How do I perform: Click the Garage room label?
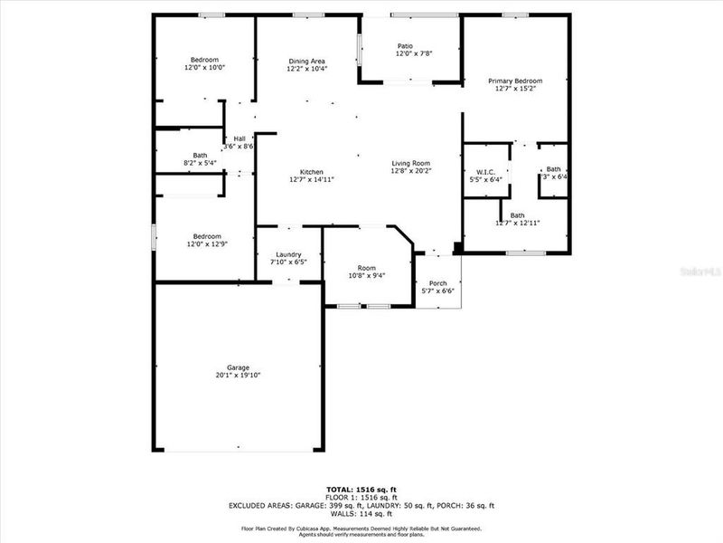coord(238,367)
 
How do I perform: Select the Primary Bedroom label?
coord(515,81)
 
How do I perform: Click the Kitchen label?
coord(312,172)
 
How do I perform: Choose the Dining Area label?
coord(306,61)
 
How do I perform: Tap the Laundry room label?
coord(288,254)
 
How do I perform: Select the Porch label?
coord(437,282)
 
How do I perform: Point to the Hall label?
coord(239,138)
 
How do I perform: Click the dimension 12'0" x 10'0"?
coord(204,67)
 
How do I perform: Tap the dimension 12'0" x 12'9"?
coord(204,243)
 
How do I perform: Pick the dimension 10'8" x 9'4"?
coord(366,275)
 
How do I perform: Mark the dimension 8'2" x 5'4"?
coord(200,163)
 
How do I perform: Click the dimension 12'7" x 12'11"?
coord(517,223)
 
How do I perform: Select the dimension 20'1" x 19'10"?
coord(238,375)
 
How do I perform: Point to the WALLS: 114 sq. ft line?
coord(361,514)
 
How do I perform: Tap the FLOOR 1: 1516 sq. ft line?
coord(361,498)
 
